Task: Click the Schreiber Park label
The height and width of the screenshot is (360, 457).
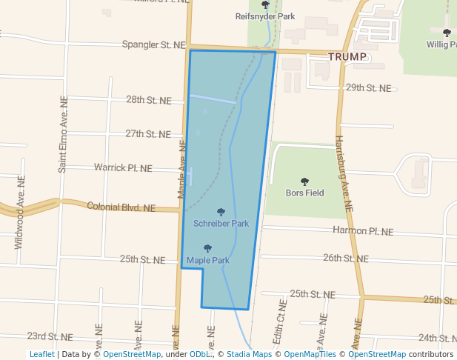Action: (221, 223)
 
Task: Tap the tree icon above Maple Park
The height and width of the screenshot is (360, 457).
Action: (207, 249)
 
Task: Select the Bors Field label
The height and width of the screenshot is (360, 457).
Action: (304, 193)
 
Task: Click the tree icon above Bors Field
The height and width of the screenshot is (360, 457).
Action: (304, 181)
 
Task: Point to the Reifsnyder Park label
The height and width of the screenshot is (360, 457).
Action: (265, 16)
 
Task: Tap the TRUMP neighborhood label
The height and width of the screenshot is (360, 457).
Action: (348, 56)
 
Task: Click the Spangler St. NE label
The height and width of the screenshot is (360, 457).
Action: (153, 44)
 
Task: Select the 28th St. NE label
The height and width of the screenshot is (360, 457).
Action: (148, 99)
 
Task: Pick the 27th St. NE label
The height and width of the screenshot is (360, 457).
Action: (148, 133)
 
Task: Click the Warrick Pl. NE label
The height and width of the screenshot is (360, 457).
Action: (123, 167)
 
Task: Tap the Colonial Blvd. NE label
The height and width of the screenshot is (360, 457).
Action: (121, 207)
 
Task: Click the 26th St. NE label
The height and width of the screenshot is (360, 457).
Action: (345, 259)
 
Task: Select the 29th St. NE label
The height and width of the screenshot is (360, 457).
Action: (368, 87)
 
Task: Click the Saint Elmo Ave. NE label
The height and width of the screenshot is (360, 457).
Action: (63, 134)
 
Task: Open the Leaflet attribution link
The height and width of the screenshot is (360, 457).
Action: (41, 354)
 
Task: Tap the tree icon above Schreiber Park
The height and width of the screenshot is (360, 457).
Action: (221, 213)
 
